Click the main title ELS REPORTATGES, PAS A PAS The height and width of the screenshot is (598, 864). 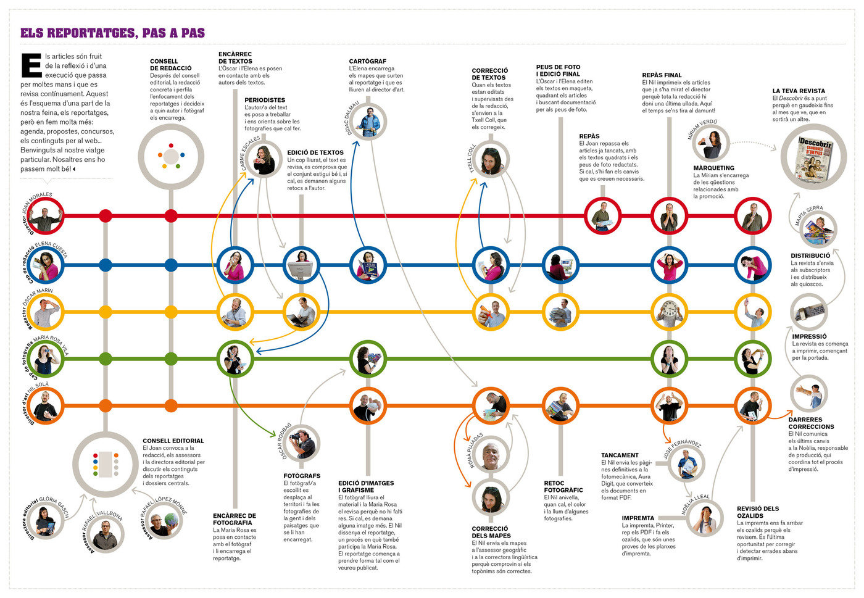112,33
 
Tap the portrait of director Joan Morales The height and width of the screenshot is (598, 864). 46,216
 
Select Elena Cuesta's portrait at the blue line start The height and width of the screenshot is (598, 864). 46,265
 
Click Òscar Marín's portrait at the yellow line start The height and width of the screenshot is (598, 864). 46,312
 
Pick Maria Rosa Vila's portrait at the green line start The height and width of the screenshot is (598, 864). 46,358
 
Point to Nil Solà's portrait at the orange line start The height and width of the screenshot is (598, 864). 46,405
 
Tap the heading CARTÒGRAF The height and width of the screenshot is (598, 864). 367,62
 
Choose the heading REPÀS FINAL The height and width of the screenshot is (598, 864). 662,75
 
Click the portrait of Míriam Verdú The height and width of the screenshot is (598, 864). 712,144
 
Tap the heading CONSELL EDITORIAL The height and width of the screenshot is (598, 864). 173,441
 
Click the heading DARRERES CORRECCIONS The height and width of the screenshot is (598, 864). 811,423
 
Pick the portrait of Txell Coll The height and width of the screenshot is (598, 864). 491,159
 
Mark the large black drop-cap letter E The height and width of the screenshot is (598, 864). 31,66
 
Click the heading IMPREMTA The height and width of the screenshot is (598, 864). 638,518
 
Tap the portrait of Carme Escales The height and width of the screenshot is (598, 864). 264,160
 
